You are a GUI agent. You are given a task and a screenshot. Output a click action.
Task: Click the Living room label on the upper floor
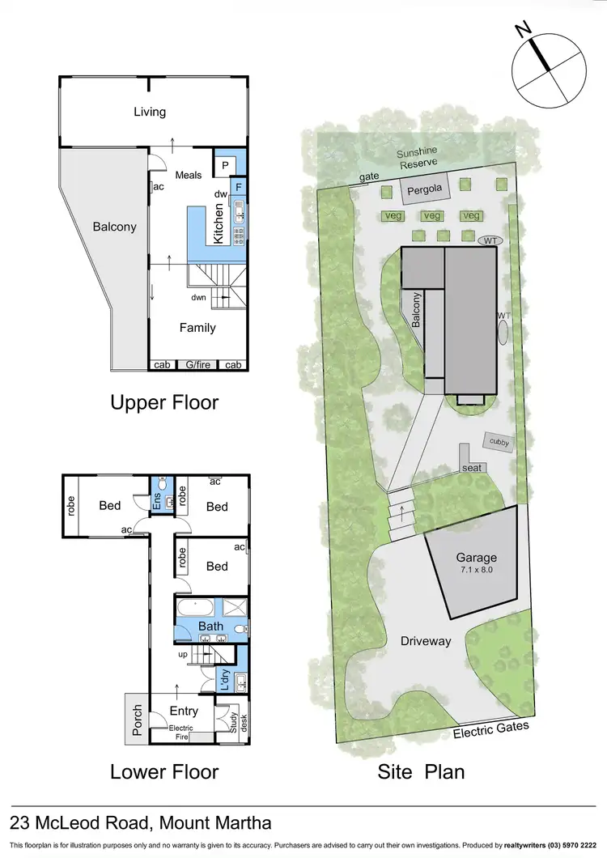coord(150,112)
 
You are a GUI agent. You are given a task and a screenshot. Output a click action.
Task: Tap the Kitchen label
coord(219,224)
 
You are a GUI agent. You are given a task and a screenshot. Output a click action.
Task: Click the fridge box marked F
coord(239,187)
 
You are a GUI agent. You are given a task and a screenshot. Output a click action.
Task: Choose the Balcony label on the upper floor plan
coord(115,227)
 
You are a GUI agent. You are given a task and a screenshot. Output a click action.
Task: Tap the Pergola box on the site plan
coord(424,190)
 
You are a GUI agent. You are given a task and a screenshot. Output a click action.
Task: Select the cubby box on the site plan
coord(496,441)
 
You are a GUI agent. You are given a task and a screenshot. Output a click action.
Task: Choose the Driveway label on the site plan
coord(427,640)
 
